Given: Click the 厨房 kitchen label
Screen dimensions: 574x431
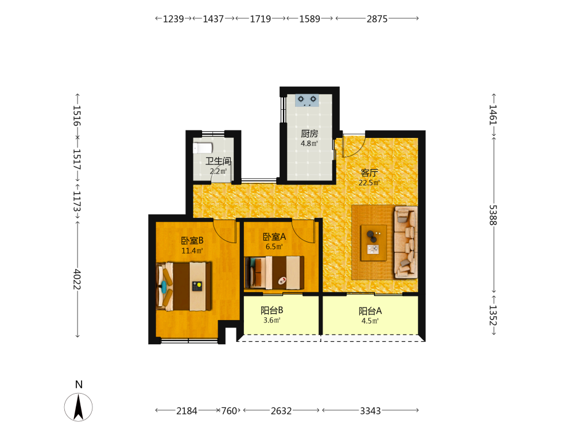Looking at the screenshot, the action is [x=309, y=134].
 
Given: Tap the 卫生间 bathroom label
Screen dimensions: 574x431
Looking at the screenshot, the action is [x=218, y=161].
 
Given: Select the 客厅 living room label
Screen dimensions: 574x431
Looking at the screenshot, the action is [x=369, y=172].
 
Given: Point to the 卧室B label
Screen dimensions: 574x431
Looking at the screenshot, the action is [x=192, y=241].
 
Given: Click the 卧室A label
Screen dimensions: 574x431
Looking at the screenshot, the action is [x=274, y=237].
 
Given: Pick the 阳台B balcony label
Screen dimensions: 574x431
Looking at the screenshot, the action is [x=272, y=310].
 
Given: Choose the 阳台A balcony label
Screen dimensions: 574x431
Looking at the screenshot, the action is [x=370, y=311].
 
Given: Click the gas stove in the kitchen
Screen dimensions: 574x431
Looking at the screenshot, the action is [x=307, y=100].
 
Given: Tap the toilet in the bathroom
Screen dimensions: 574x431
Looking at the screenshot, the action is [x=203, y=148].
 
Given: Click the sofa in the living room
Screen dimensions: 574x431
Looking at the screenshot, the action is [x=406, y=243].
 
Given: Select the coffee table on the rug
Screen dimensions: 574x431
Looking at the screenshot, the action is [x=374, y=243].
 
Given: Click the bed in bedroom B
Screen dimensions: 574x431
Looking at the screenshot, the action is [x=184, y=286].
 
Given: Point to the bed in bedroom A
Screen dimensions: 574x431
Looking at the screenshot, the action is [x=274, y=272].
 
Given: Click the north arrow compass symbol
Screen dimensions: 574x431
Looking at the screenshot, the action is [x=78, y=407].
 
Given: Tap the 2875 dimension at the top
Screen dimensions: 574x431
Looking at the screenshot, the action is [x=377, y=19].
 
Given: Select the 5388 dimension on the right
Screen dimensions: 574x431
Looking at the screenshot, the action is [x=492, y=215].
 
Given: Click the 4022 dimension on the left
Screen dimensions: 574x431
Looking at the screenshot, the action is [x=77, y=279].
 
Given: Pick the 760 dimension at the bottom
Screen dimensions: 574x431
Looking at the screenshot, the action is [x=229, y=411].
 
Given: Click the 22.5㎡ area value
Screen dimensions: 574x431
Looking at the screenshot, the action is [x=369, y=183].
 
